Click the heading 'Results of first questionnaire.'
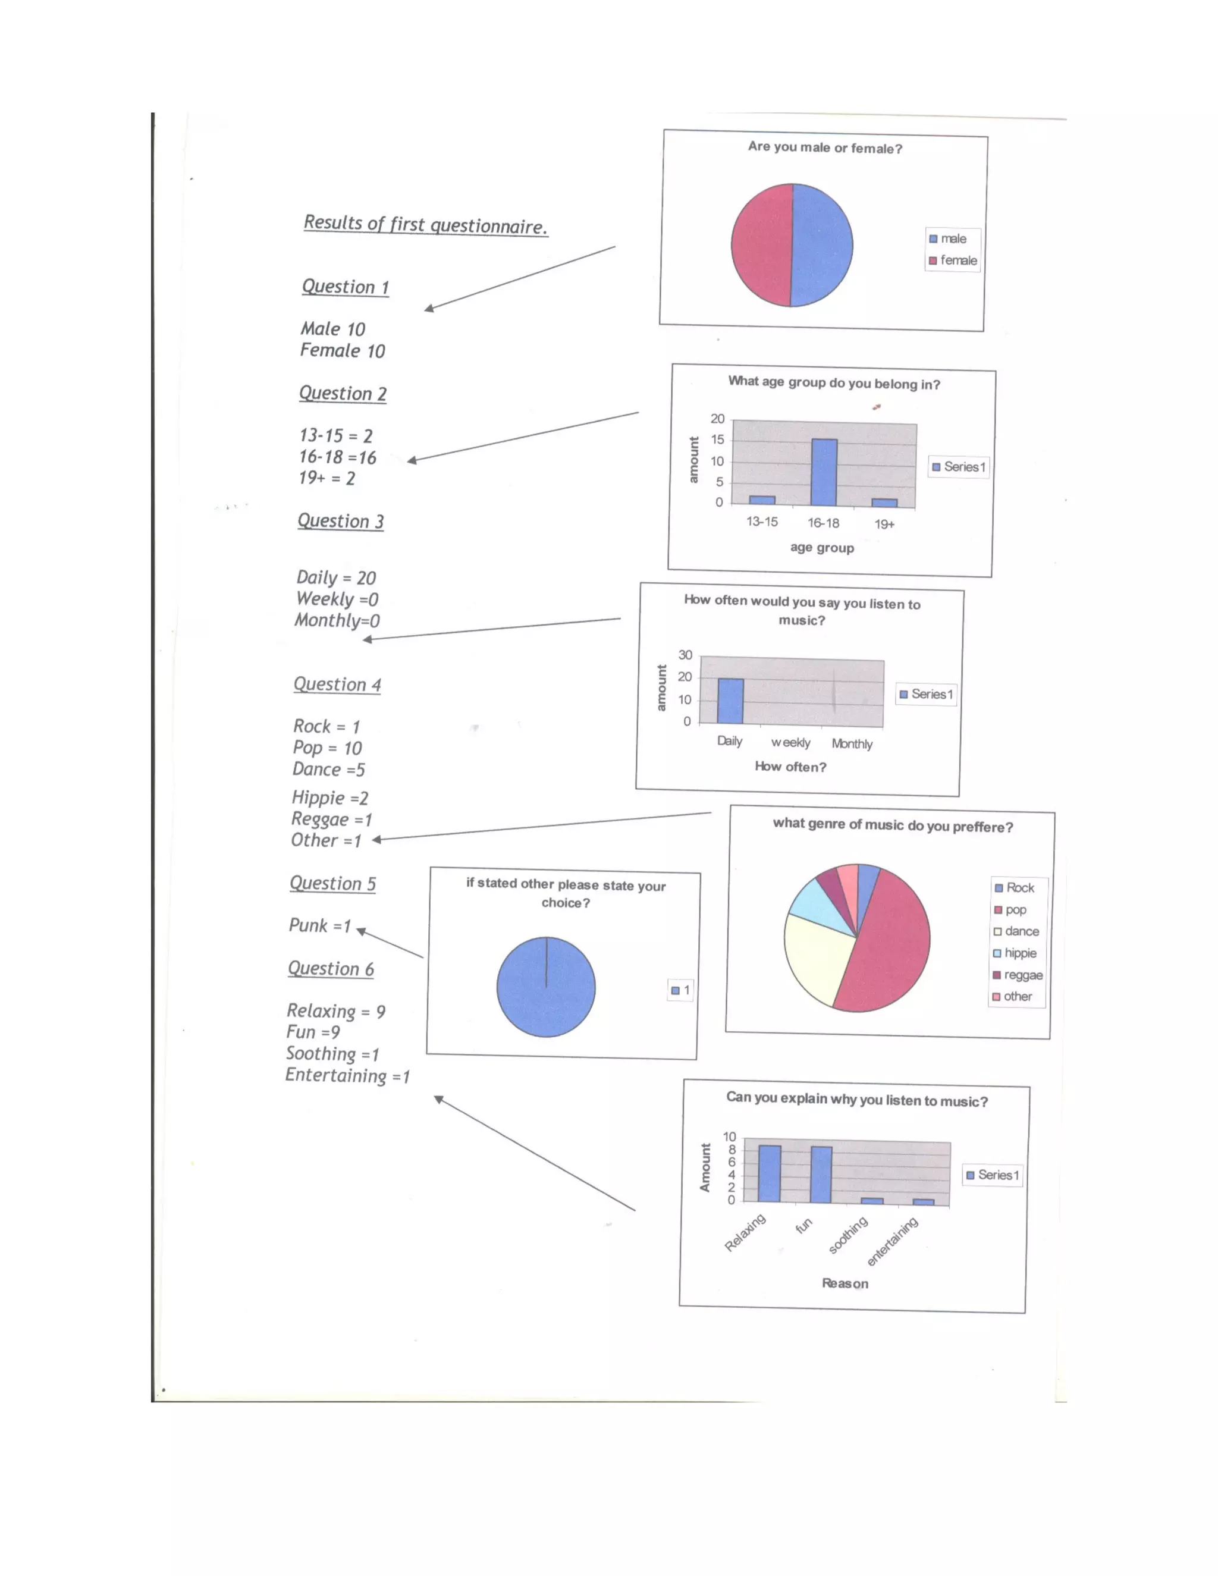425,224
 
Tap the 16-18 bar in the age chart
824,472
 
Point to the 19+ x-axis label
884,524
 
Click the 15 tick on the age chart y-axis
717,439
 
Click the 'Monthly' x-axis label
852,743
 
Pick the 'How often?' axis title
790,767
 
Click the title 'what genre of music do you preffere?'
893,825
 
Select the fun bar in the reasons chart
821,1174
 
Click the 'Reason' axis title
845,1283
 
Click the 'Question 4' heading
337,684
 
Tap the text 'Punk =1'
319,925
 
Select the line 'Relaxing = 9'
335,1010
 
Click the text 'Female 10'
342,351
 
